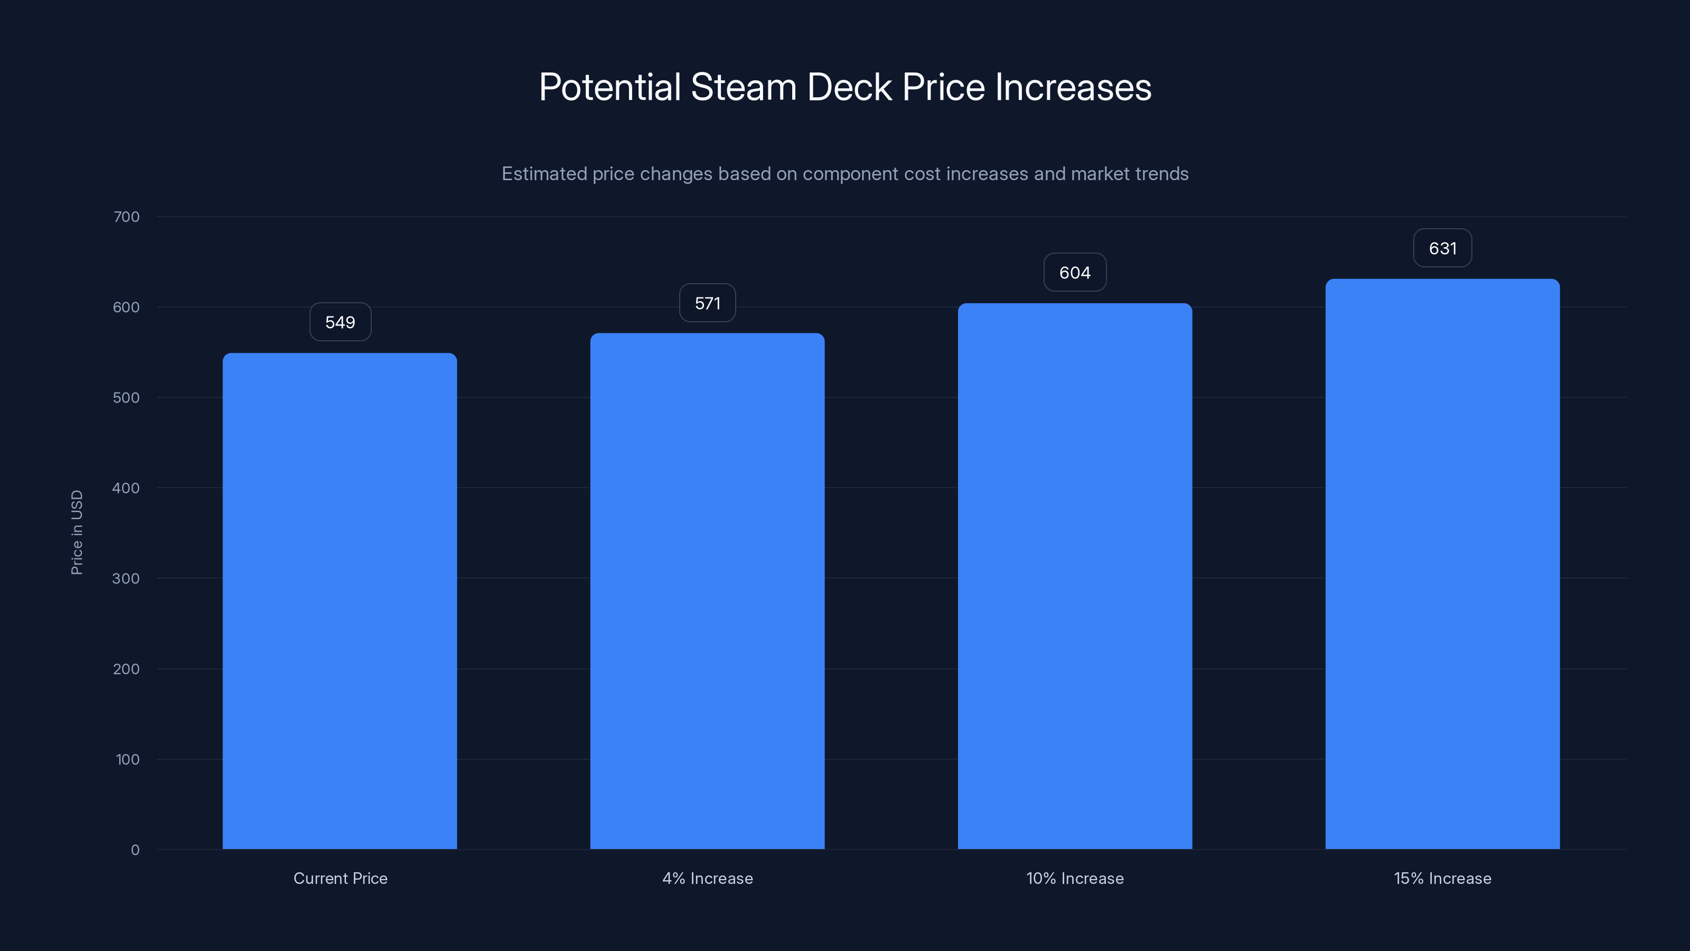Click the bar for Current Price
tap(340, 601)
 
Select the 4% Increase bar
tap(707, 591)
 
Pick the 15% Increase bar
tap(1442, 564)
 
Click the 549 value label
tap(340, 322)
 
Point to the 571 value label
tap(707, 303)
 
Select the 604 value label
tap(1075, 273)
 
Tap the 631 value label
tap(1442, 248)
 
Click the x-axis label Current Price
tap(340, 878)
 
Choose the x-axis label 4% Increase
tap(707, 878)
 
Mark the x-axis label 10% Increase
tap(1075, 878)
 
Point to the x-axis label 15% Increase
tap(1442, 878)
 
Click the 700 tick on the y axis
tap(127, 217)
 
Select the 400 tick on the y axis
tap(127, 488)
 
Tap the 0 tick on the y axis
tap(135, 850)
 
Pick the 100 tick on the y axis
tap(127, 759)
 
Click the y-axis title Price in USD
tap(77, 532)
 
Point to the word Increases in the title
tap(1073, 87)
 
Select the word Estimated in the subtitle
tap(544, 174)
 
